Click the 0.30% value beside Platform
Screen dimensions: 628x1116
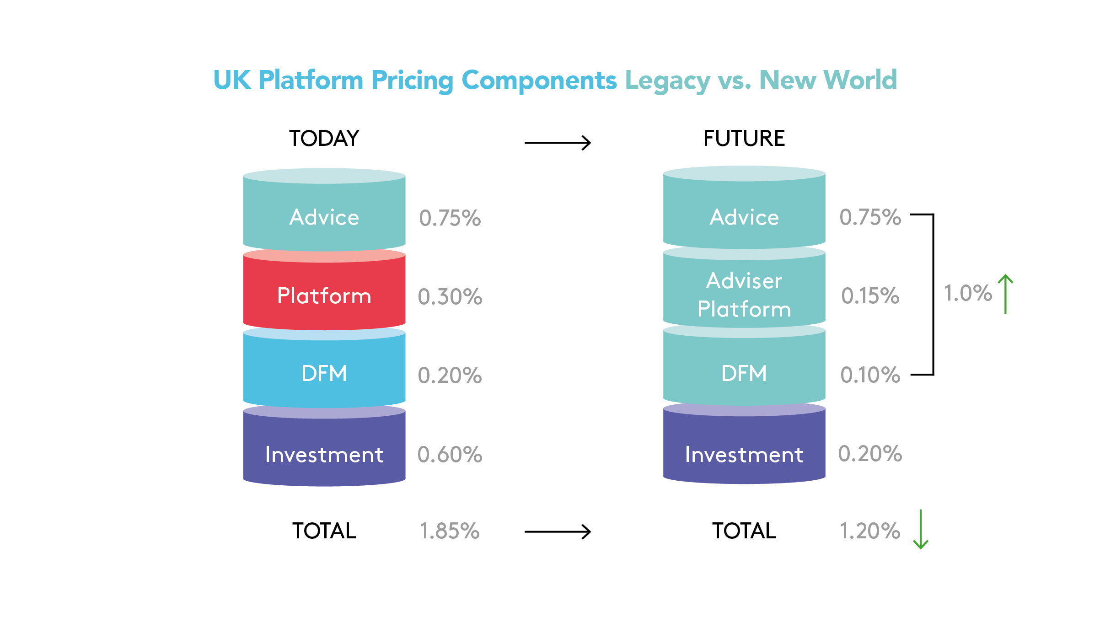coord(450,296)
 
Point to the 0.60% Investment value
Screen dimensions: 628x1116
coord(450,455)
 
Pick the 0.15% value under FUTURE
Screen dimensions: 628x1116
coord(870,295)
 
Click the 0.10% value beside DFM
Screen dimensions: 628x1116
coord(870,375)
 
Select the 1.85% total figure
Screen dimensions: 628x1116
coord(450,531)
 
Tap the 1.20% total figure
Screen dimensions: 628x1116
coord(870,531)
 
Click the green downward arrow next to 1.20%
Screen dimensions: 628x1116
coord(921,529)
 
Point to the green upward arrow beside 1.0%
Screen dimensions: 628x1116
coord(1005,294)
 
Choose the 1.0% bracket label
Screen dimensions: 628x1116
coord(968,293)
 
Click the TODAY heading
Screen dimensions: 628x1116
coord(324,138)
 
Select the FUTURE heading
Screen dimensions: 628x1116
coord(744,138)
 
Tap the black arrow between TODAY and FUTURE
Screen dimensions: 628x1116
coord(558,143)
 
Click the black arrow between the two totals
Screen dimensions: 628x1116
coord(558,531)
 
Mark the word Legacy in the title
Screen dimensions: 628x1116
coord(667,81)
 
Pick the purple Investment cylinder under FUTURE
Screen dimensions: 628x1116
coord(744,451)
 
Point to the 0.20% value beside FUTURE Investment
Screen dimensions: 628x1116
coord(870,454)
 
